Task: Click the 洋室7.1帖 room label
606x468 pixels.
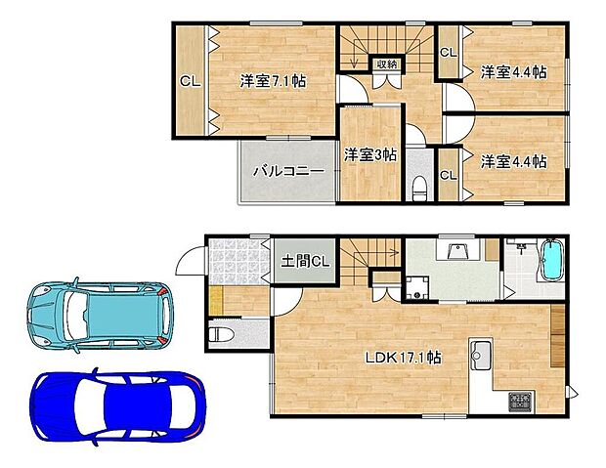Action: [273, 81]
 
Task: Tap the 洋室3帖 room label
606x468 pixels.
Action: [369, 153]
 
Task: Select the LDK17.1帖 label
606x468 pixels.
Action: [404, 358]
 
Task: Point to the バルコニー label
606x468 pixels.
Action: [288, 170]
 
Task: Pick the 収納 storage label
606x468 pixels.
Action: [388, 64]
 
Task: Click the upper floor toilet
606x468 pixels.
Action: [418, 187]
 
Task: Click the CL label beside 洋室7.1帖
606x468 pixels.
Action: [190, 82]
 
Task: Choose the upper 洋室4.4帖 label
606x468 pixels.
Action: [513, 71]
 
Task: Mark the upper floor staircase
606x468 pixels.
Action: [387, 45]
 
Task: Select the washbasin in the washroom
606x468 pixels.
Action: [455, 251]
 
